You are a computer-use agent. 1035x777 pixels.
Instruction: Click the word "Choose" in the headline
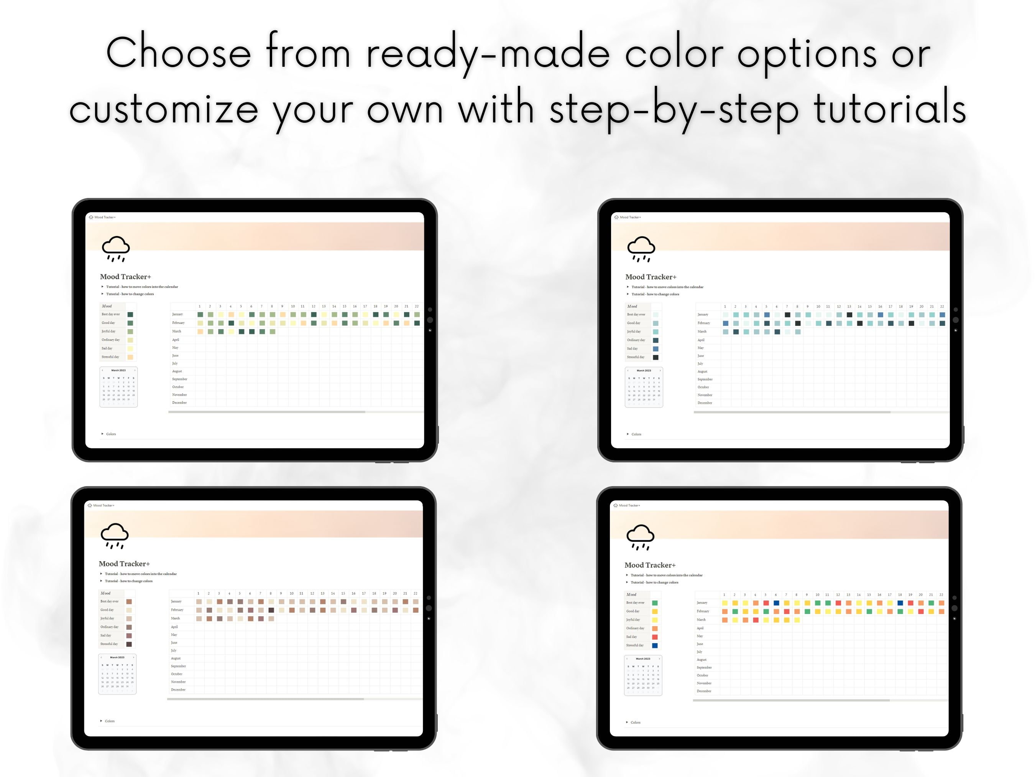[x=178, y=53]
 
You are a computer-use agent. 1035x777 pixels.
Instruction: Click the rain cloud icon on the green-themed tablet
[x=115, y=249]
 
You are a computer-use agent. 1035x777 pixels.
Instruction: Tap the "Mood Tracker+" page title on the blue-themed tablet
[x=651, y=277]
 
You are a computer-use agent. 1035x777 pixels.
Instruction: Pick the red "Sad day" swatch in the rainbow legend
[x=655, y=637]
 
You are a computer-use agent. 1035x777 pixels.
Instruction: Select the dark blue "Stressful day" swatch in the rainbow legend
[x=655, y=645]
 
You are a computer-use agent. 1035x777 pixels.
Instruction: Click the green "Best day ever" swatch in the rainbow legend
[x=655, y=603]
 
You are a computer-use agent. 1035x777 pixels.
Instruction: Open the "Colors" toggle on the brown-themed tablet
[x=110, y=721]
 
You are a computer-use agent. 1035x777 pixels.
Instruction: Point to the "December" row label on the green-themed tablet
[x=179, y=403]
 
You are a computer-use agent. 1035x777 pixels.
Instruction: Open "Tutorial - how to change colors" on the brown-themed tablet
[x=128, y=581]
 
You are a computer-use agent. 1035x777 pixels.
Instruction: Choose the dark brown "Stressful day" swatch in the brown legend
[x=129, y=644]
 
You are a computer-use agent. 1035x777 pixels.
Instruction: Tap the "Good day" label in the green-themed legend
[x=108, y=323]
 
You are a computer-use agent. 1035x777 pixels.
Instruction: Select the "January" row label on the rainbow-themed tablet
[x=702, y=603]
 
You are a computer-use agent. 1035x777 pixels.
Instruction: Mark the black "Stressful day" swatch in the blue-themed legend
[x=655, y=357]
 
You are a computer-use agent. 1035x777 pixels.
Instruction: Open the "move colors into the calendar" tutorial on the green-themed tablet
[x=142, y=287]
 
